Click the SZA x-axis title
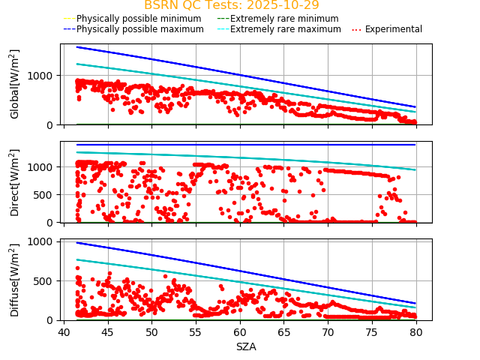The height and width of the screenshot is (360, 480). click(246, 347)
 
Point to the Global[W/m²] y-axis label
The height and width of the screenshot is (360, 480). click(15, 84)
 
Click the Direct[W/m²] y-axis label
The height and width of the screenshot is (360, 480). click(15, 182)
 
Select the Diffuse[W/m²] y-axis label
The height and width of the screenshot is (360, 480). click(15, 280)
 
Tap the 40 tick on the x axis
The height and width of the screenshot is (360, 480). click(64, 332)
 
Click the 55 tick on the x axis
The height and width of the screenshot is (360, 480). click(196, 332)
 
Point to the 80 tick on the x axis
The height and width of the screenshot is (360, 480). click(416, 332)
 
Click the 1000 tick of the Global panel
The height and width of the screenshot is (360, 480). click(40, 75)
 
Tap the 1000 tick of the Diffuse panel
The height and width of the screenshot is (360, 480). click(40, 242)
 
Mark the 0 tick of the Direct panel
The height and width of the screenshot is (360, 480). click(51, 223)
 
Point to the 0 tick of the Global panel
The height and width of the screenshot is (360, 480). click(51, 124)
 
